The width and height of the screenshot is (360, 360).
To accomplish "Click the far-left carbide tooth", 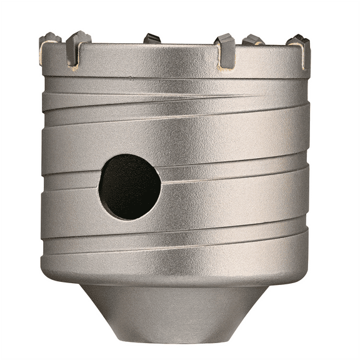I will click(49, 41).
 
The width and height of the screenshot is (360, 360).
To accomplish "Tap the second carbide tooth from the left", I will click(79, 42).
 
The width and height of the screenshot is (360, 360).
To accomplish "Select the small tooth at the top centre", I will click(152, 39).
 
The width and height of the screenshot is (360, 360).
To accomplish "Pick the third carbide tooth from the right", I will click(224, 42).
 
